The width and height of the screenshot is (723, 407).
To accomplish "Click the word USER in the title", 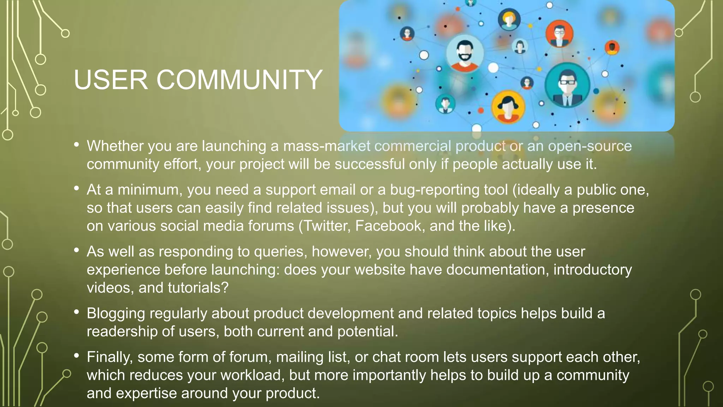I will point(110,80).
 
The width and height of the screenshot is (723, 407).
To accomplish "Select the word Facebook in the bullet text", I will point(388,226).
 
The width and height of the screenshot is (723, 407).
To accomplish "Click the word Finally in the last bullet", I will point(109,357).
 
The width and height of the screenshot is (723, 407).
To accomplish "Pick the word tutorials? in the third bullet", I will point(198,288).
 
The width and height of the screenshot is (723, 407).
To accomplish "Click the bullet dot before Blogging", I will point(77,312).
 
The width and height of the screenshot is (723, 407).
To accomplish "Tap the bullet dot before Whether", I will point(77,144).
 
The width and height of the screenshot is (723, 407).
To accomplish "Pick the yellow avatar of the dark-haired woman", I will point(508,107).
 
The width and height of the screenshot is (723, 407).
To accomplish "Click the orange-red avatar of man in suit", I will point(559,34).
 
